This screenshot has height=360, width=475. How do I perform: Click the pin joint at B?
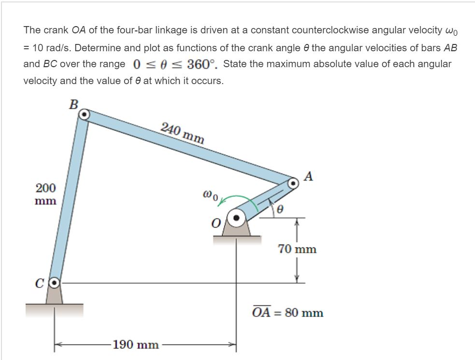84,115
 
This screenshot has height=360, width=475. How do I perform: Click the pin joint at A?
293,183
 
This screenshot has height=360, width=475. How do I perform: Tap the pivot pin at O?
236,218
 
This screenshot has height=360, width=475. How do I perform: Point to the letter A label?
310,176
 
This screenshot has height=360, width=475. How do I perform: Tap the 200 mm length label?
46,194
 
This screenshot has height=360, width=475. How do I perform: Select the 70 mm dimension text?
297,249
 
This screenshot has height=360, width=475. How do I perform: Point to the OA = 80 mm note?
288,312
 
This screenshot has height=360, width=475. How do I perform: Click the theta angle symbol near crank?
279,210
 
